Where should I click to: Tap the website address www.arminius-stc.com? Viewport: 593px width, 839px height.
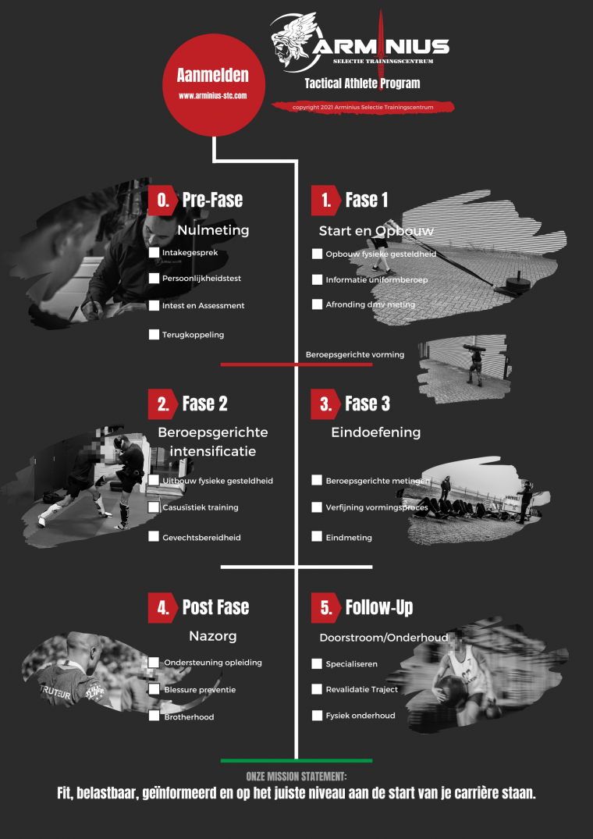(x=213, y=96)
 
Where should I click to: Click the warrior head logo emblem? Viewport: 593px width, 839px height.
(x=295, y=43)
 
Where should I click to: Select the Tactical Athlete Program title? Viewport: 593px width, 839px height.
(x=362, y=84)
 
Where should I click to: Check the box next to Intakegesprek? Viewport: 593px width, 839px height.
(x=154, y=253)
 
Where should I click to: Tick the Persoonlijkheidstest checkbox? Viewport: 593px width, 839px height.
(x=154, y=279)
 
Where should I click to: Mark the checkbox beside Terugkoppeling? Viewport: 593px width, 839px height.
(x=154, y=335)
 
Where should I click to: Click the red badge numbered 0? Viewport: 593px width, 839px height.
(x=162, y=200)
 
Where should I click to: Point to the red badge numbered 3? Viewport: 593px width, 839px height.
(x=325, y=404)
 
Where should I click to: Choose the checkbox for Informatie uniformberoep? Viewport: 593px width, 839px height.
(x=318, y=279)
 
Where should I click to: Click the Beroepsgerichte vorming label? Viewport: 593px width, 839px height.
(x=354, y=354)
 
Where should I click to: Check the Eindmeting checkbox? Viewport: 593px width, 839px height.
(x=318, y=537)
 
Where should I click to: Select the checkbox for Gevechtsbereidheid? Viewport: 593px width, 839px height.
(x=154, y=537)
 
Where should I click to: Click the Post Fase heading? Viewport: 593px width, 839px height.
(x=215, y=607)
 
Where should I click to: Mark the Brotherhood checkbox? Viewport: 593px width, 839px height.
(x=154, y=716)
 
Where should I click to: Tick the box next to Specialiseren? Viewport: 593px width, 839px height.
(x=318, y=663)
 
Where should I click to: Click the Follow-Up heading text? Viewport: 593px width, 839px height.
(x=379, y=607)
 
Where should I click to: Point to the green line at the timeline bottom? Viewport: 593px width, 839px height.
(x=296, y=760)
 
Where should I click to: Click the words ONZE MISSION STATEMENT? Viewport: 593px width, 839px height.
(x=296, y=777)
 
